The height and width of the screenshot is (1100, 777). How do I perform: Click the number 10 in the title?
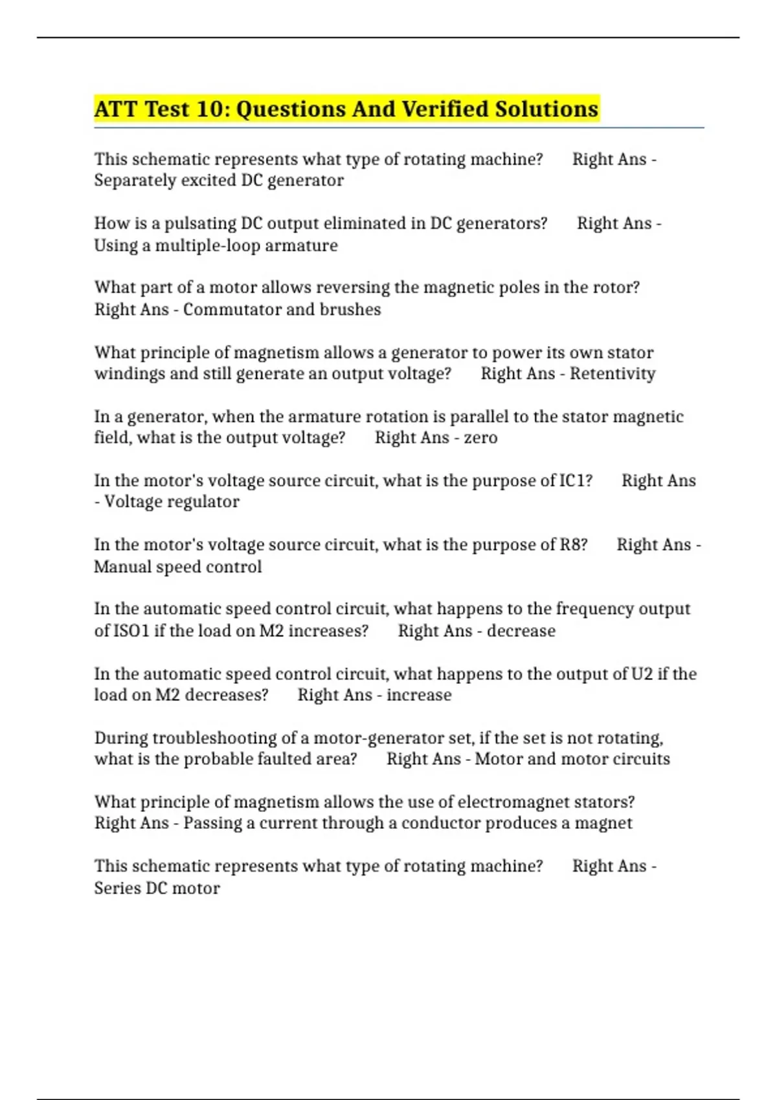(x=209, y=109)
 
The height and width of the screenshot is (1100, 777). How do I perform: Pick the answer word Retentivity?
(x=613, y=373)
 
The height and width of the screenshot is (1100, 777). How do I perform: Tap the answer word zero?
(x=480, y=437)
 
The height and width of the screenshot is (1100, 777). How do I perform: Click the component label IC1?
(x=575, y=481)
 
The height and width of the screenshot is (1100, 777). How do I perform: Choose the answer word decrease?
(x=521, y=631)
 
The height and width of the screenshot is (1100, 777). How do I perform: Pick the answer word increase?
(x=419, y=695)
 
